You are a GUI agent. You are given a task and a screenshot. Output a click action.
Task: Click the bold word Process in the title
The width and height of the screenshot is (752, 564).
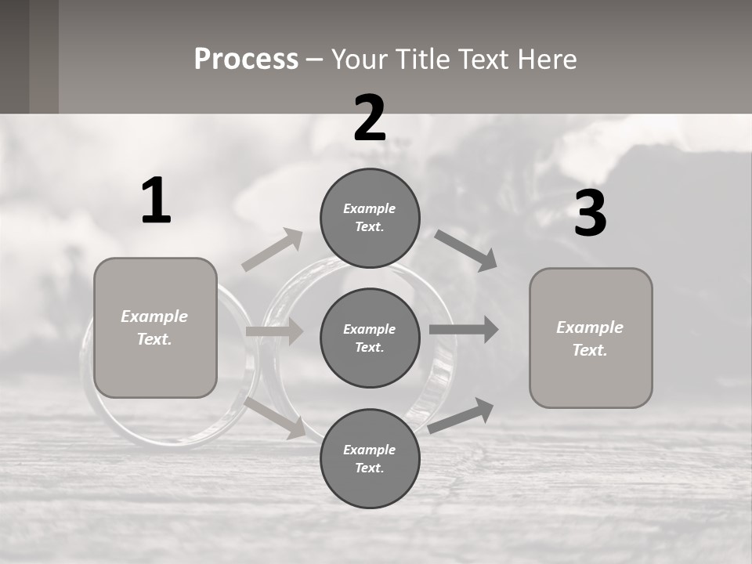[x=246, y=60]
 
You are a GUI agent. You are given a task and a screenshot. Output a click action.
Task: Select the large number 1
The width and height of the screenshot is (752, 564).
[x=156, y=201]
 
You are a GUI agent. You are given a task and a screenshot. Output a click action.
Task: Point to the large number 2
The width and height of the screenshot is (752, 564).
[x=370, y=118]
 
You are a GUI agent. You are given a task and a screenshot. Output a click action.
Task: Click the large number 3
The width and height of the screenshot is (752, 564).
[x=590, y=214]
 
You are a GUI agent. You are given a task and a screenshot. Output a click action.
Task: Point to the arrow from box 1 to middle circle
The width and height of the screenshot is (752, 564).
[x=275, y=331]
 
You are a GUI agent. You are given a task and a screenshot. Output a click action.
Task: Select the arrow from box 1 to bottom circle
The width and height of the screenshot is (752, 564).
[x=275, y=418]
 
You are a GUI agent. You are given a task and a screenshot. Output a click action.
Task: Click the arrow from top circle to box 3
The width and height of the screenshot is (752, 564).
[x=466, y=250]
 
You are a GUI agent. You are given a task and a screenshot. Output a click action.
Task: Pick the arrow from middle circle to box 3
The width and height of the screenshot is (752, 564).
[x=464, y=330]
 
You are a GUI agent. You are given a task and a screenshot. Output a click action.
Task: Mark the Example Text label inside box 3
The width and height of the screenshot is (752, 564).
[x=590, y=338]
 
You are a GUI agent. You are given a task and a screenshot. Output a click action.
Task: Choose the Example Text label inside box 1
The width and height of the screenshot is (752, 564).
[x=154, y=327]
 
